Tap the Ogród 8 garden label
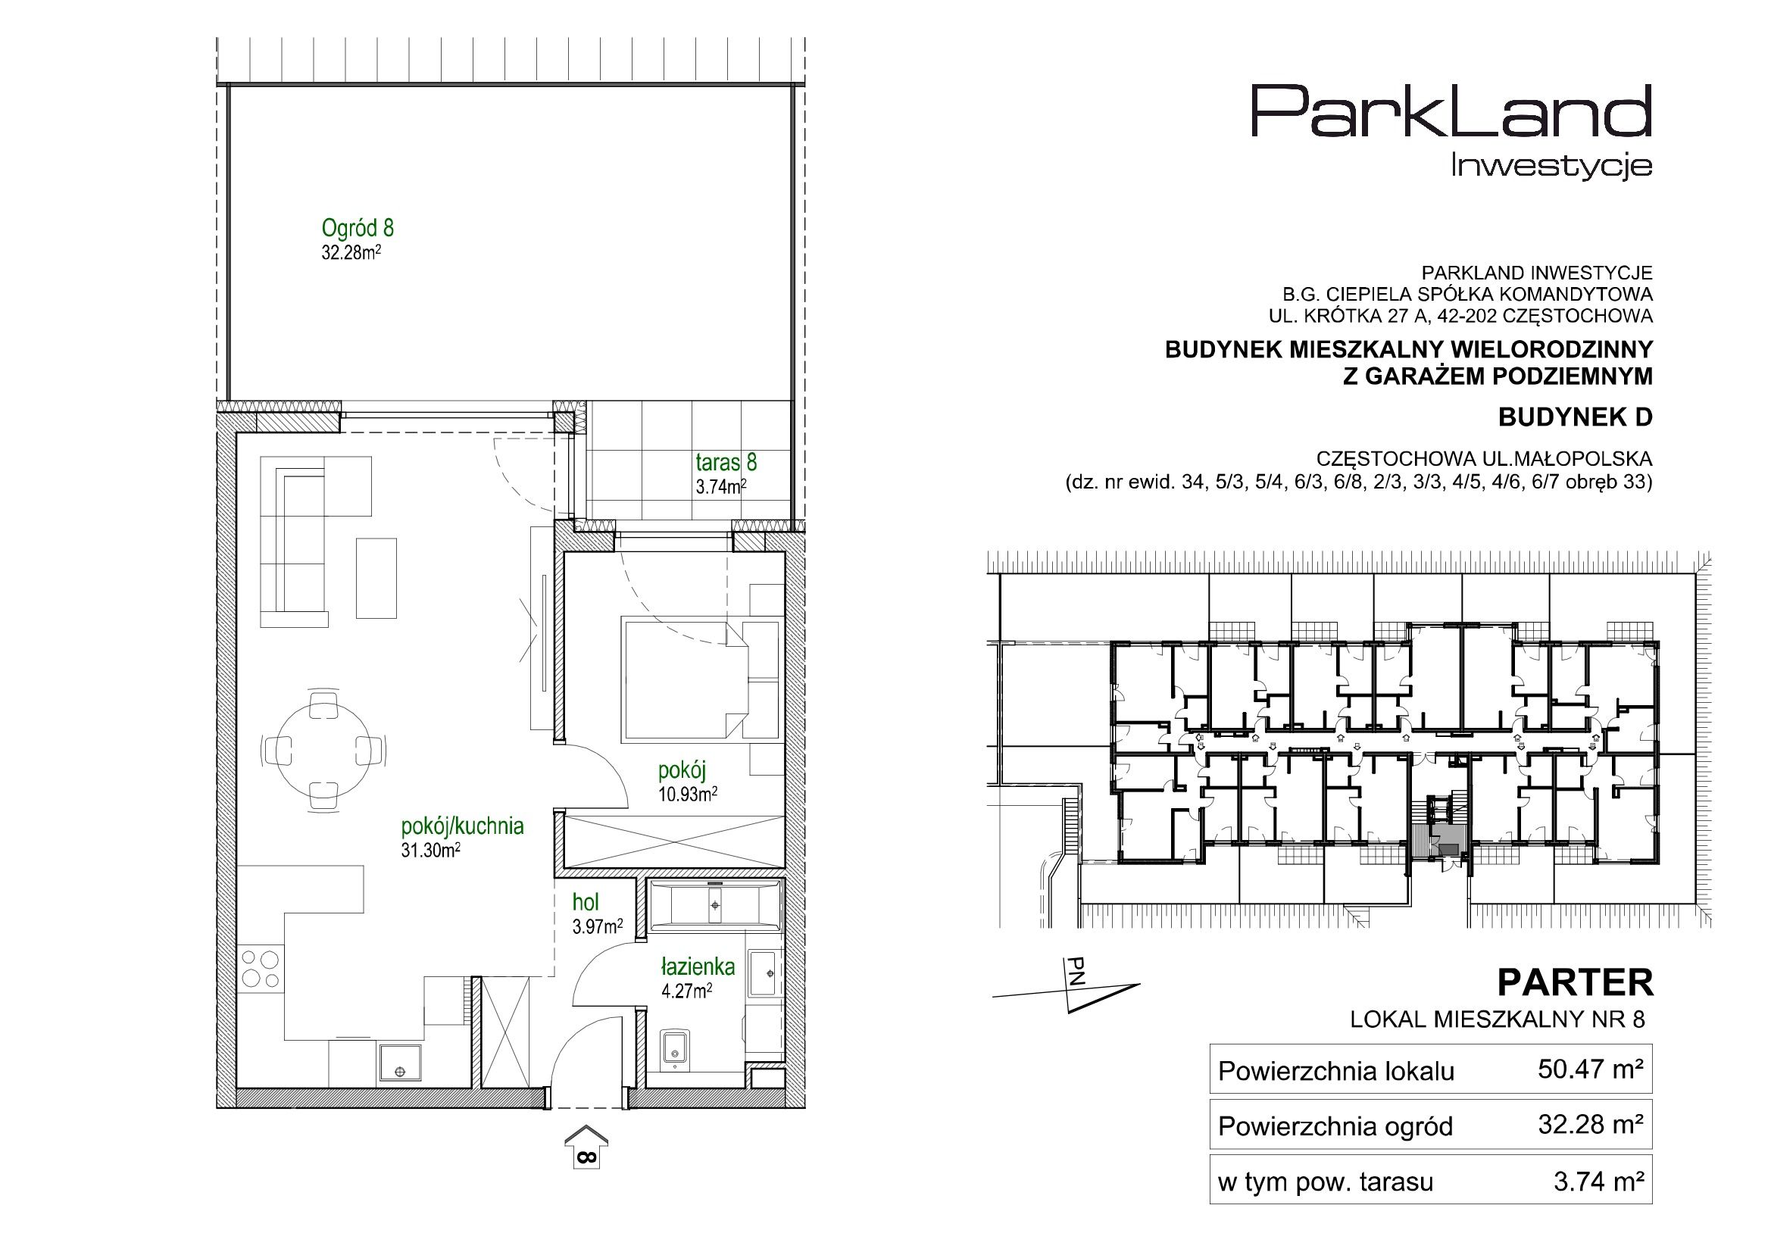pyautogui.click(x=357, y=228)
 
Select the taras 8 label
pyautogui.click(x=726, y=462)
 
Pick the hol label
pyautogui.click(x=586, y=903)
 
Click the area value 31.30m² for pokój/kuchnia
pyautogui.click(x=430, y=850)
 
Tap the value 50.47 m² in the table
pyautogui.click(x=1591, y=1069)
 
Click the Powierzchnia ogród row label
pyautogui.click(x=1335, y=1127)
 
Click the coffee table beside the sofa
pyautogui.click(x=376, y=578)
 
